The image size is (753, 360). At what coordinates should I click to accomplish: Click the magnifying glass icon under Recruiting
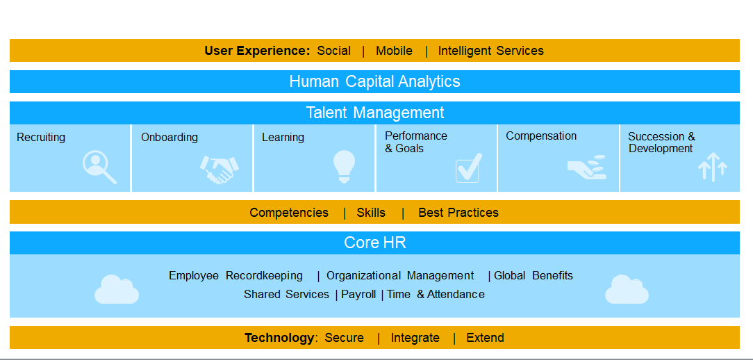click(x=99, y=167)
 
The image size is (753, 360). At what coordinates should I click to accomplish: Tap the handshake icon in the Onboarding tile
click(x=220, y=169)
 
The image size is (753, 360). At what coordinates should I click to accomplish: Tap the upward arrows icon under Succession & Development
click(x=713, y=167)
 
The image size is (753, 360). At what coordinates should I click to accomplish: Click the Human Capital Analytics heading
click(x=374, y=81)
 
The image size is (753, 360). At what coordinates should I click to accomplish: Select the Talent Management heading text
click(x=374, y=113)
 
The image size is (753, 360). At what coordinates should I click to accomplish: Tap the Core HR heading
click(x=374, y=243)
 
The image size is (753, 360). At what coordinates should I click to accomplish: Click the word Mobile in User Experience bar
click(x=394, y=51)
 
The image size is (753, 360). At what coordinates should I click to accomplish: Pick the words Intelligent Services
click(x=490, y=51)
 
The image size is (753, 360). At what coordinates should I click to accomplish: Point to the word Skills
click(x=371, y=213)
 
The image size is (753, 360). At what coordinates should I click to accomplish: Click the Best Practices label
click(x=458, y=213)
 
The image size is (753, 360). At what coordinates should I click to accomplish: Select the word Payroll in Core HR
click(x=358, y=295)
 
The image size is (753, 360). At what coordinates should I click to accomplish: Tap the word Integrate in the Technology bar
click(x=415, y=338)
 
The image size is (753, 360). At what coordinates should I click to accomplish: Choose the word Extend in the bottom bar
click(x=485, y=338)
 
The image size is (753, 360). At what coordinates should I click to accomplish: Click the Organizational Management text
click(x=400, y=276)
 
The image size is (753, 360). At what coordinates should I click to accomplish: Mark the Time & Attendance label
click(x=436, y=295)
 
